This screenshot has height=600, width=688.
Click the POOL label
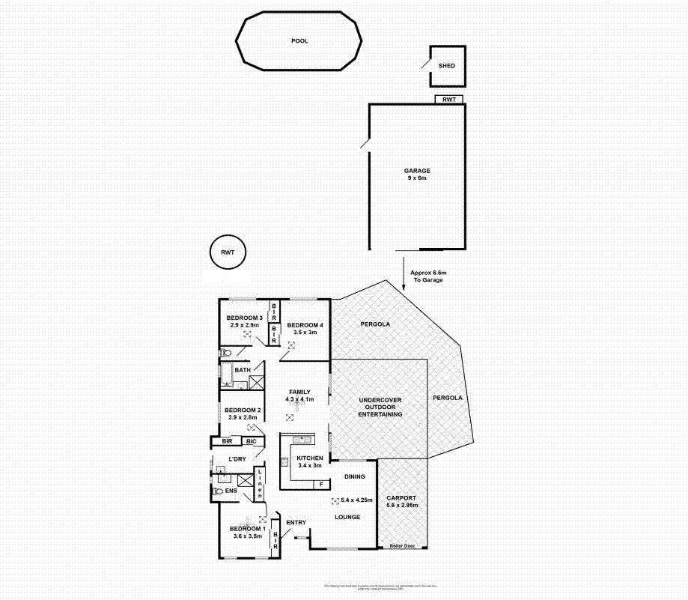[299, 41]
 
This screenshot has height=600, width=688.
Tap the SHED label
[447, 66]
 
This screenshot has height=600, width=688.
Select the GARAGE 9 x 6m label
[417, 175]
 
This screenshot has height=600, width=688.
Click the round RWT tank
[228, 252]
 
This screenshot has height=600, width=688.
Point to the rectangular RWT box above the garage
[449, 99]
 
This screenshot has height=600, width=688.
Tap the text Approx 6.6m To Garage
[429, 276]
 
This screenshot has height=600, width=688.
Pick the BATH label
[242, 370]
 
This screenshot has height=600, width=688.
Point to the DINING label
[355, 476]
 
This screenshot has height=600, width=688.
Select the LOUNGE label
[348, 517]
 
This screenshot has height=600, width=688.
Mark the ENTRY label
[296, 522]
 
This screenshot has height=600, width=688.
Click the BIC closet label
[251, 442]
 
